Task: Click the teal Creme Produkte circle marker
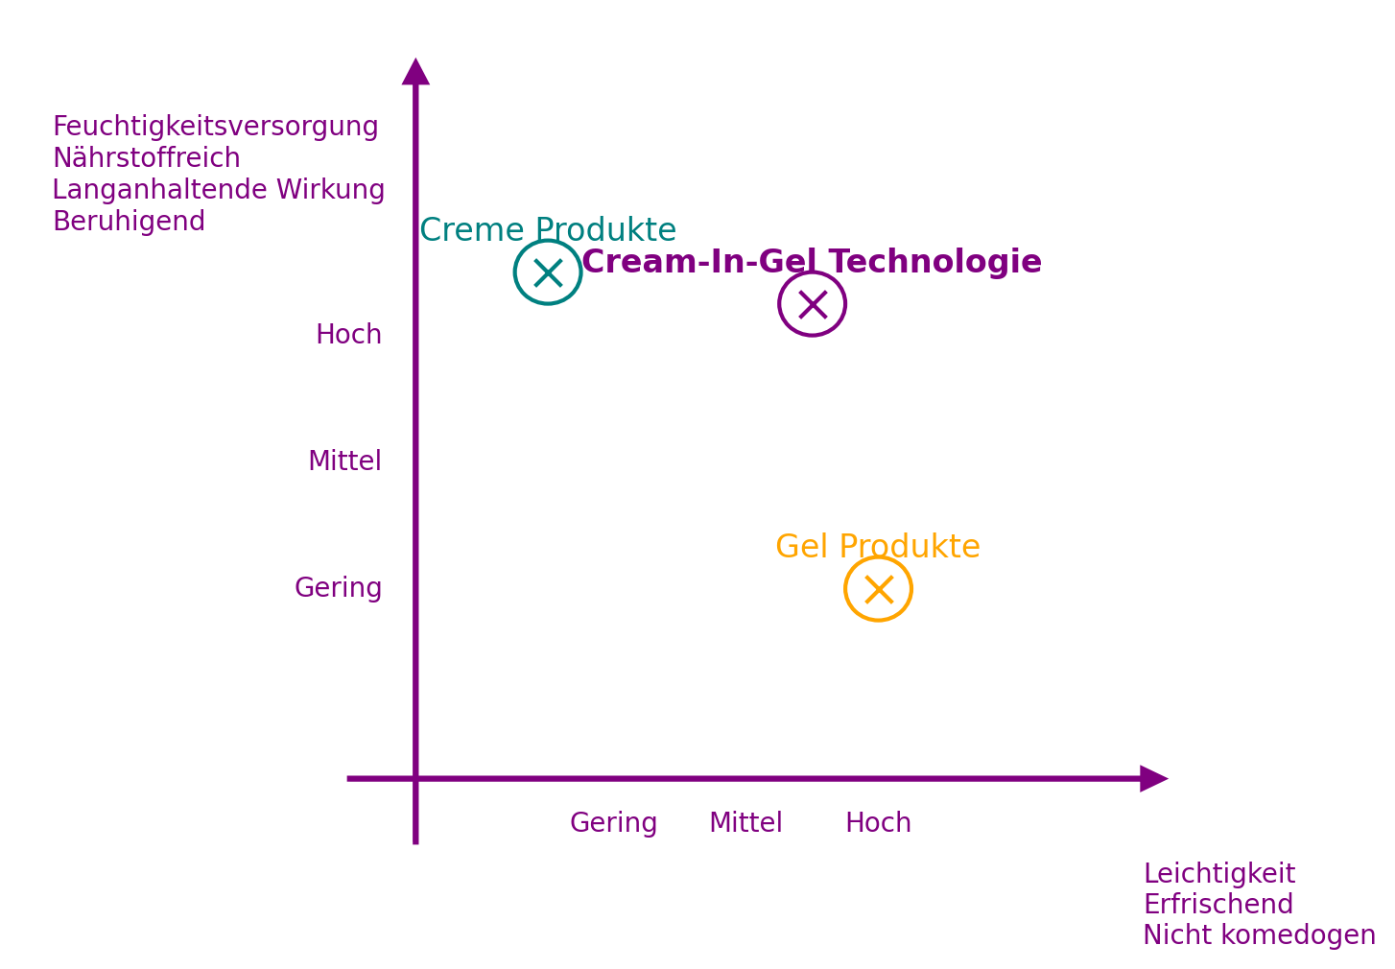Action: point(548,272)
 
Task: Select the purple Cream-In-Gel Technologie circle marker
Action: point(813,304)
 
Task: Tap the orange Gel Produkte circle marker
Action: point(878,589)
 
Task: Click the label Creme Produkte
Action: point(548,230)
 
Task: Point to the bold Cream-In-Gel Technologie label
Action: point(812,262)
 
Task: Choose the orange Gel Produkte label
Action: point(878,546)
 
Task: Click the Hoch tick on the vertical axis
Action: point(349,334)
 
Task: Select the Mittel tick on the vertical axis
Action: point(344,461)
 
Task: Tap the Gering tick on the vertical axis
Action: point(338,587)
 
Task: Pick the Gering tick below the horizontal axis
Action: point(613,822)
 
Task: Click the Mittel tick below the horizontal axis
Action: point(745,822)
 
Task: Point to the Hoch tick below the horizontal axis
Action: point(878,822)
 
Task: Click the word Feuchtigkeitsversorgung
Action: point(215,127)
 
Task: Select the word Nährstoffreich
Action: point(146,157)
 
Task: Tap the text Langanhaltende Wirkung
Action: point(218,189)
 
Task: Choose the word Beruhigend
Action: point(129,221)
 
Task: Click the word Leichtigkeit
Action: point(1218,873)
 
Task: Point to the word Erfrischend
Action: point(1218,904)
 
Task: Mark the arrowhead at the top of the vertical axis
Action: point(415,72)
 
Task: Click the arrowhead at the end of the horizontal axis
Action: point(1153,778)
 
